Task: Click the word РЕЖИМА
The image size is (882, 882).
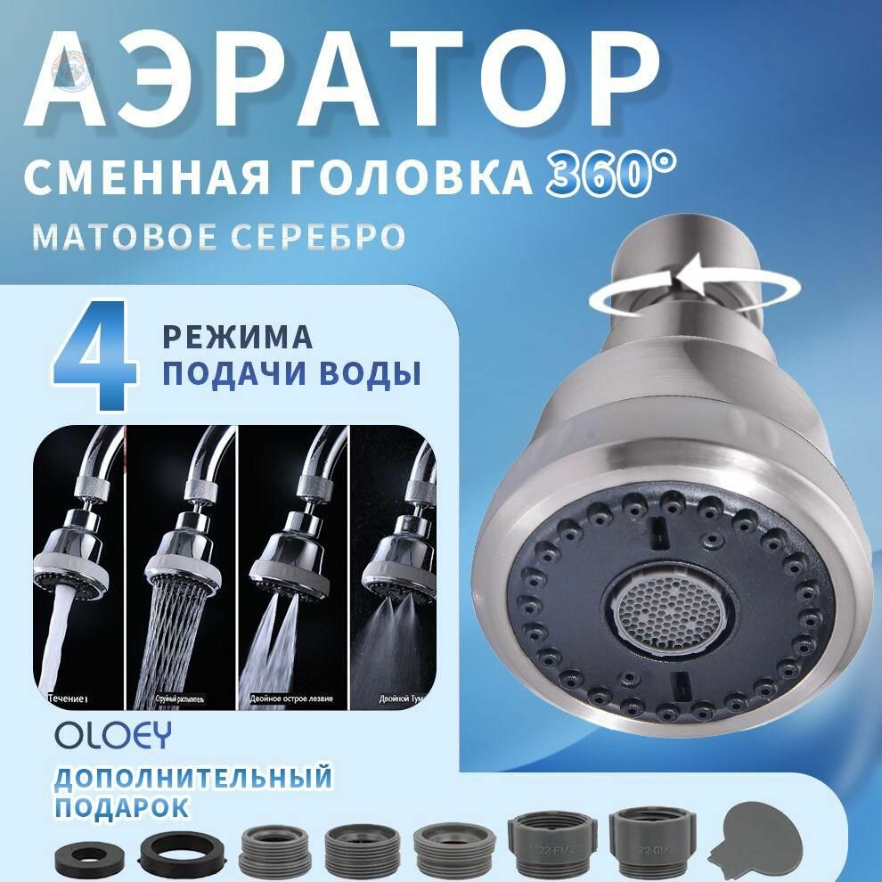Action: [237, 338]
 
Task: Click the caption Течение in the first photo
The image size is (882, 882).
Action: [68, 698]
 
